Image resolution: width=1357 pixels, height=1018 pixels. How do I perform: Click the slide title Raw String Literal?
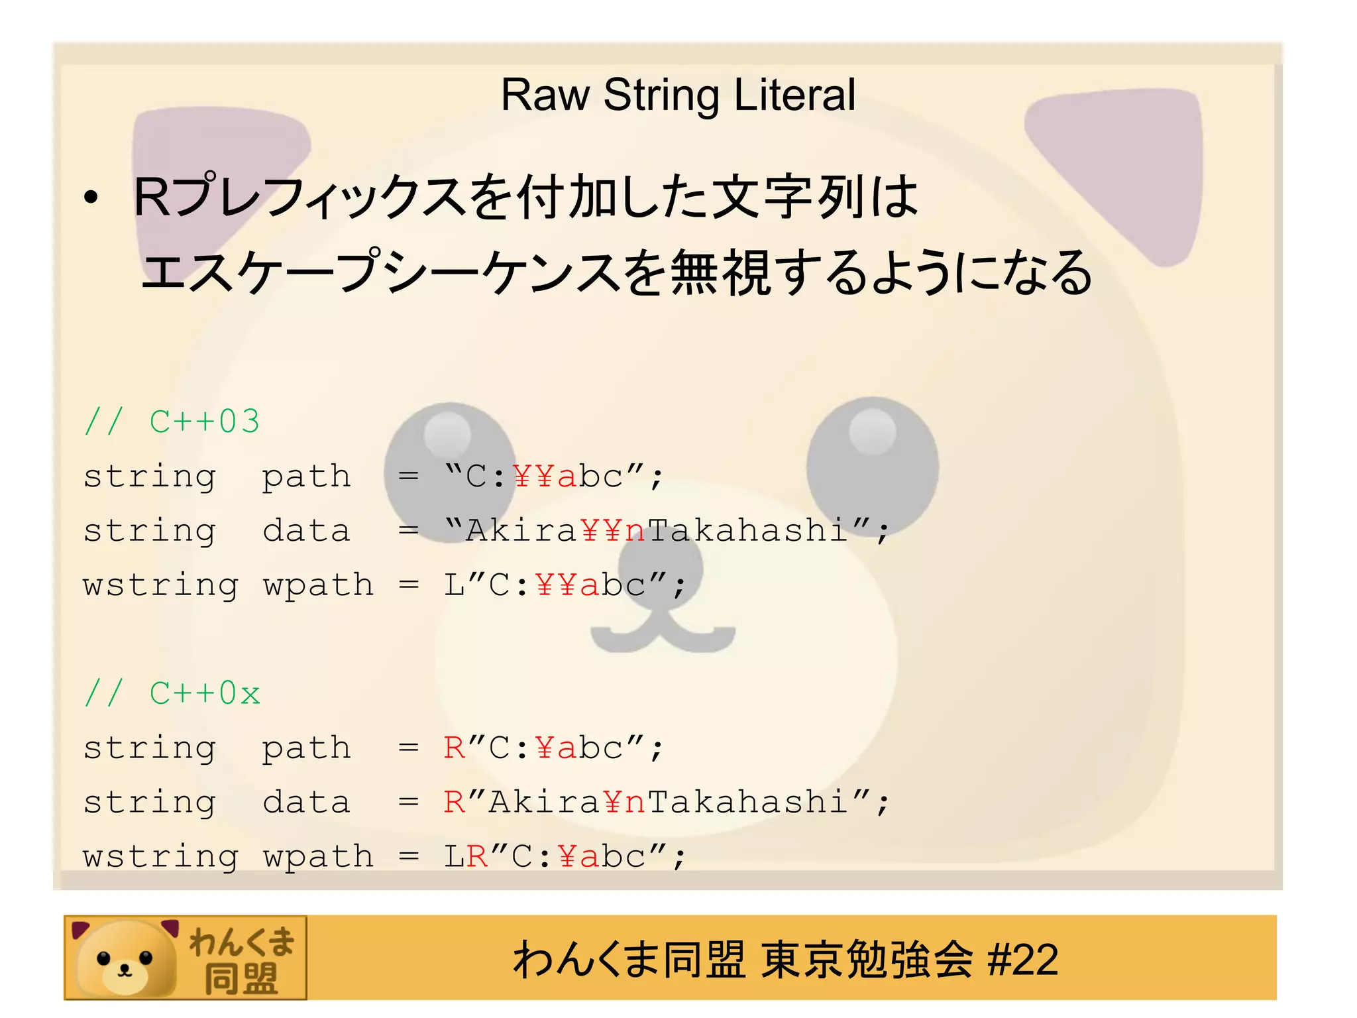(678, 95)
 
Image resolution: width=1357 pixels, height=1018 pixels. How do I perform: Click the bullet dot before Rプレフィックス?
(91, 198)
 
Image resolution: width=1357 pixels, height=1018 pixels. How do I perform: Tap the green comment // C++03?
(172, 422)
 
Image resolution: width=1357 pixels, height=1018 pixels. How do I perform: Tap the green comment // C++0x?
(172, 693)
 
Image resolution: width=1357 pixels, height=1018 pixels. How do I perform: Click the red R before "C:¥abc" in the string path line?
(455, 748)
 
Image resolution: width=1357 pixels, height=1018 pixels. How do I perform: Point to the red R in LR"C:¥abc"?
(477, 857)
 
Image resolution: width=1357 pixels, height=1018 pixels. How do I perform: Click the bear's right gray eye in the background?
(872, 457)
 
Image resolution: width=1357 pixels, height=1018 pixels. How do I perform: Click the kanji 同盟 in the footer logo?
(241, 978)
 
